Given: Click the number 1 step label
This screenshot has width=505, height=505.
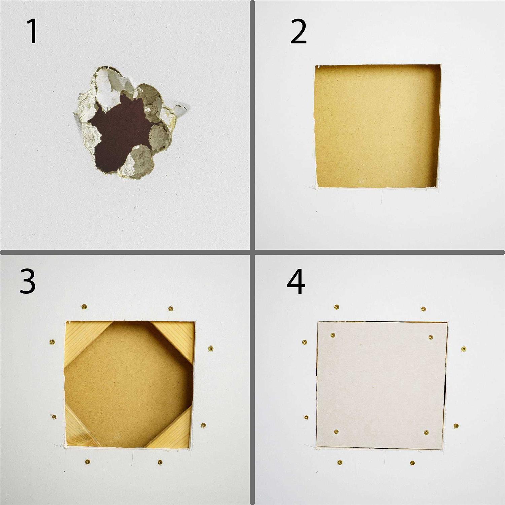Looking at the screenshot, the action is pyautogui.click(x=32, y=31).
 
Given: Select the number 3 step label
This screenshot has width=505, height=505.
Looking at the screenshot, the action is pyautogui.click(x=27, y=281).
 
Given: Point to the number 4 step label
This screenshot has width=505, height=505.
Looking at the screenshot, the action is pyautogui.click(x=296, y=281).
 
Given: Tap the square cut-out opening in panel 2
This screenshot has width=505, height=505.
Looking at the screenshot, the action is pyautogui.click(x=377, y=126).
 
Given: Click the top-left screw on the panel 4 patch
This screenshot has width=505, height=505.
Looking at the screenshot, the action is pyautogui.click(x=333, y=335).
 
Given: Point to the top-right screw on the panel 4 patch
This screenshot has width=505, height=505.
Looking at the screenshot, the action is pyautogui.click(x=431, y=337).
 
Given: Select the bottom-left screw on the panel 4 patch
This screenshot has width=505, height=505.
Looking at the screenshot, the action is pyautogui.click(x=336, y=432).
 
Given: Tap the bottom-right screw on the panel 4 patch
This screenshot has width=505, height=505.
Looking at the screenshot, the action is pyautogui.click(x=426, y=432).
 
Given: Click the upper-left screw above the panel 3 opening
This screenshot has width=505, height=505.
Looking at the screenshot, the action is pyautogui.click(x=84, y=307).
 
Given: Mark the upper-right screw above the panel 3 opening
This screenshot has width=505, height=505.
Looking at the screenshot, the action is pyautogui.click(x=171, y=308).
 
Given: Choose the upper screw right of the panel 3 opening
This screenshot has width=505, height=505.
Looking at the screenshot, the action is pyautogui.click(x=211, y=348).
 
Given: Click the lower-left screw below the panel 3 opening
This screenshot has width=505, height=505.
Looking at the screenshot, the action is pyautogui.click(x=88, y=462).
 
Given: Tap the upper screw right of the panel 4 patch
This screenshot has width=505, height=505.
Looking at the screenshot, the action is pyautogui.click(x=464, y=349).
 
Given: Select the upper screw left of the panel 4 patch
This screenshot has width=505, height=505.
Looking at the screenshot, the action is pyautogui.click(x=305, y=342).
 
